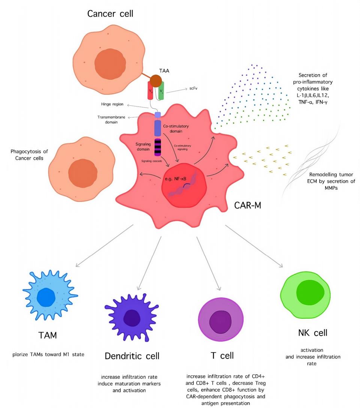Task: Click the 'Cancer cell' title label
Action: pyautogui.click(x=110, y=14)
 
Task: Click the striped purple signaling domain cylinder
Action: pyautogui.click(x=157, y=147)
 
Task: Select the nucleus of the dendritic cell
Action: pyautogui.click(x=132, y=318)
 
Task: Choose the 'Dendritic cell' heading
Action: pyautogui.click(x=132, y=355)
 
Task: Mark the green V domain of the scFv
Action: pyautogui.click(x=161, y=93)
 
